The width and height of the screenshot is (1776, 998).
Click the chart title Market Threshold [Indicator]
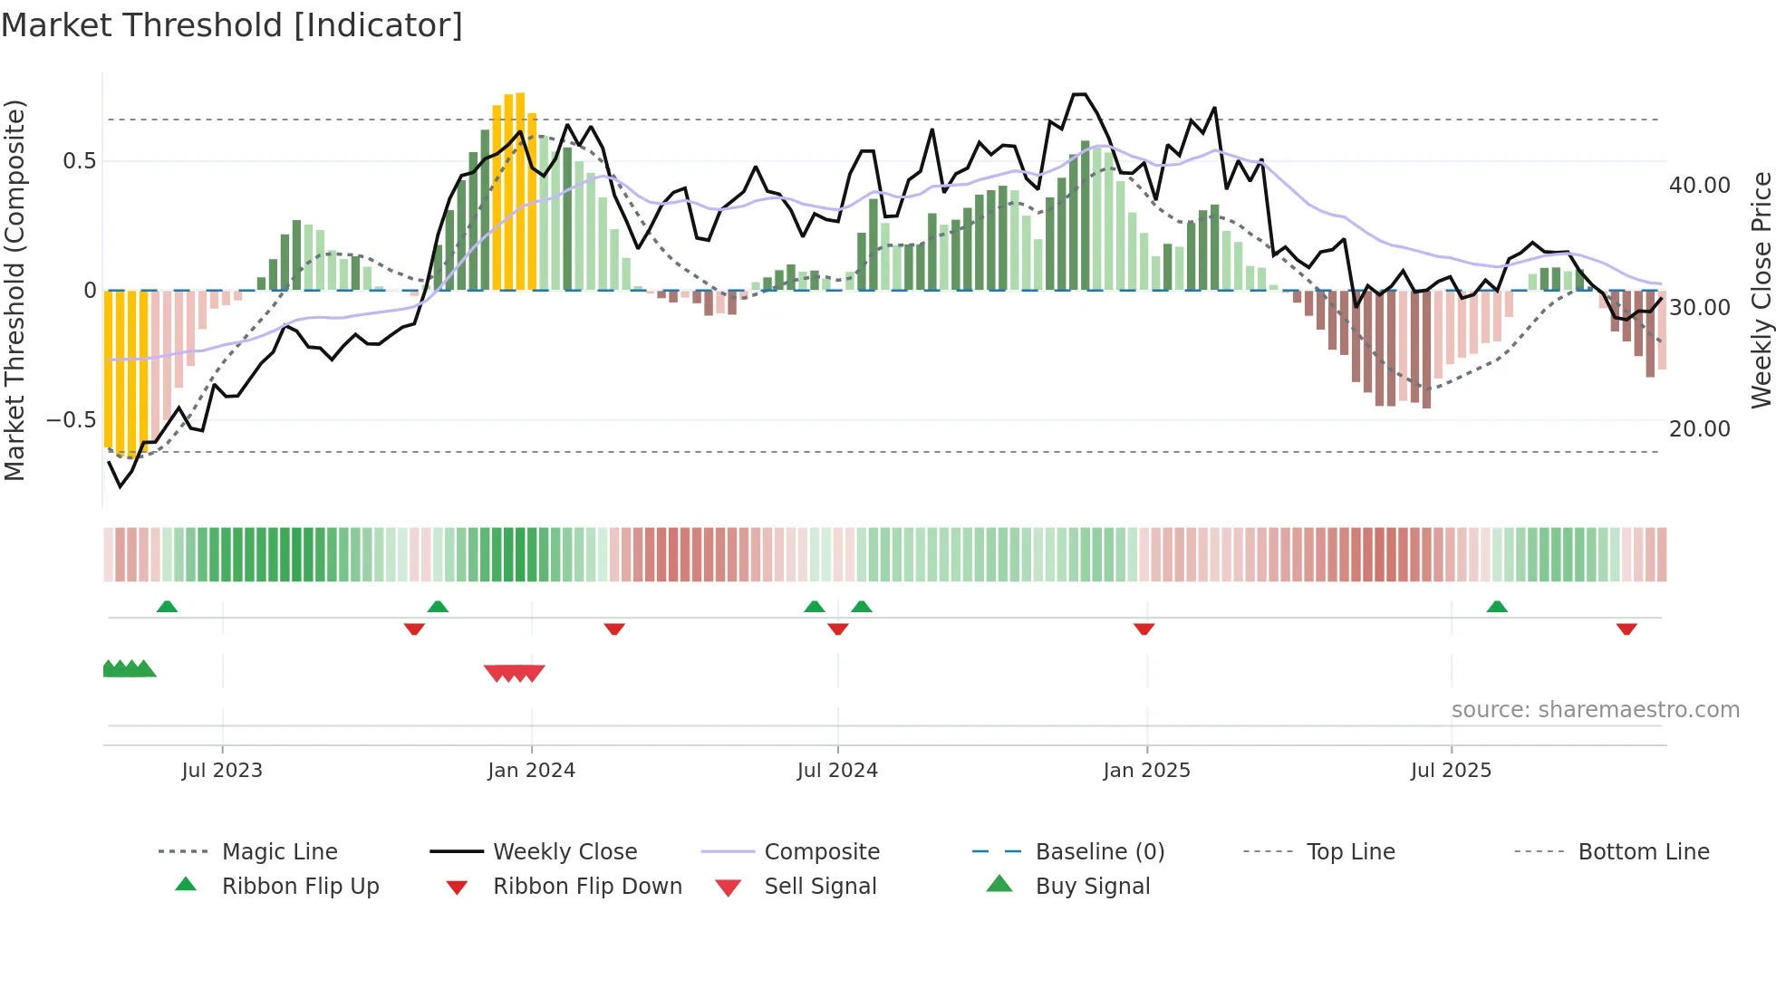[232, 25]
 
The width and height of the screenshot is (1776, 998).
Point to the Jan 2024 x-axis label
[531, 771]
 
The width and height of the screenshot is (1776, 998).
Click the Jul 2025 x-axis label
[1451, 771]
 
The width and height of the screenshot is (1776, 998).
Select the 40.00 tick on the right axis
[1699, 186]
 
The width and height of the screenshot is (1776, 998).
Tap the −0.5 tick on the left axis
[71, 420]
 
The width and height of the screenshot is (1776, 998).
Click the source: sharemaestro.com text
[1595, 710]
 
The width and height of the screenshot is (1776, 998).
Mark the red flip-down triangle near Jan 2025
[1144, 629]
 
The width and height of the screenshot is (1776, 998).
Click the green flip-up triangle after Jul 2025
[1497, 607]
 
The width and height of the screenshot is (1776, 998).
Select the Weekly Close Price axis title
[1761, 290]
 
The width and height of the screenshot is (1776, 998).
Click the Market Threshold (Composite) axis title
[14, 290]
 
